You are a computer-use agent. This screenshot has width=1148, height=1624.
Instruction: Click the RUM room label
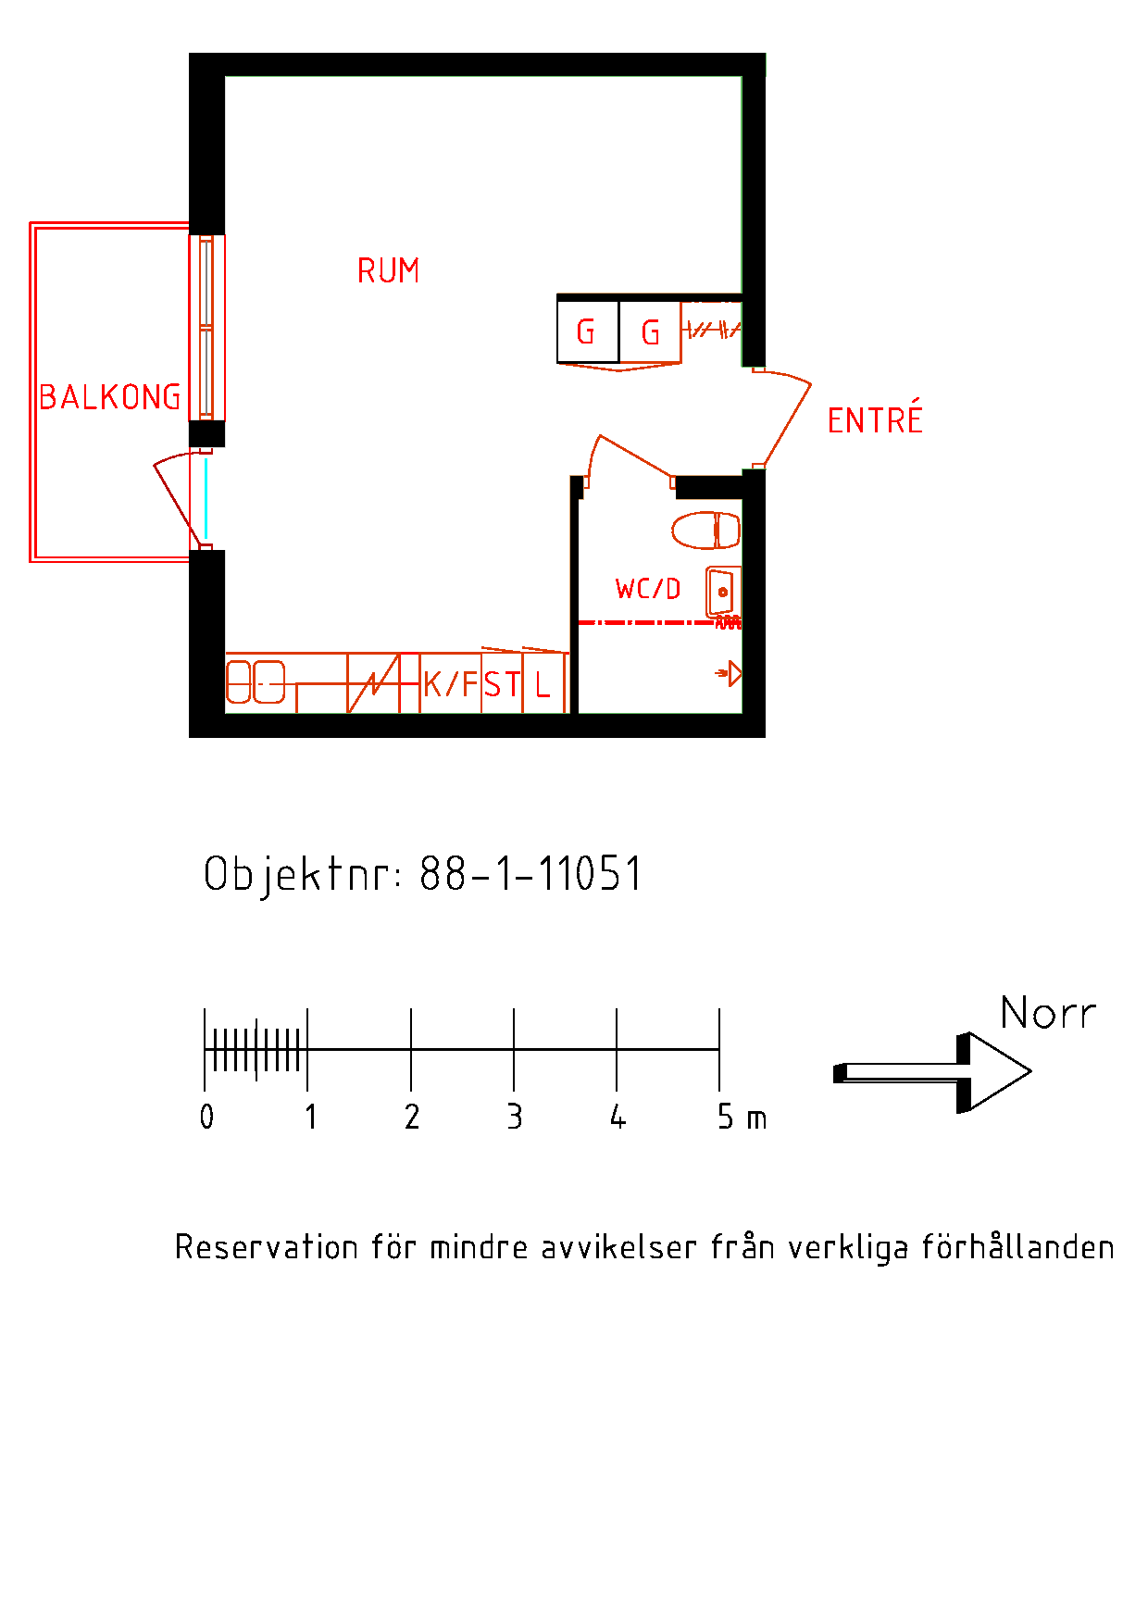(x=388, y=270)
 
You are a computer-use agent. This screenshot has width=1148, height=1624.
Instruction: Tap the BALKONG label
(x=110, y=397)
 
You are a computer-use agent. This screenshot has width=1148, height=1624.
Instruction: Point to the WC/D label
(x=648, y=589)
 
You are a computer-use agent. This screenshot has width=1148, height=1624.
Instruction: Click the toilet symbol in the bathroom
(x=706, y=531)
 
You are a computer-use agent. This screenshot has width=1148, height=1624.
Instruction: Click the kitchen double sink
(x=256, y=682)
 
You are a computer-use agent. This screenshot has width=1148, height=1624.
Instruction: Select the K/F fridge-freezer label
(x=451, y=684)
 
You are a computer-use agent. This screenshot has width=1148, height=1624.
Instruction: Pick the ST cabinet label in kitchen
(x=502, y=685)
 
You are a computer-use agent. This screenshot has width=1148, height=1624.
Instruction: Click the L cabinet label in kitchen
(x=543, y=685)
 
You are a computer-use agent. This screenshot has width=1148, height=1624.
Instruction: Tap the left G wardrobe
(x=587, y=331)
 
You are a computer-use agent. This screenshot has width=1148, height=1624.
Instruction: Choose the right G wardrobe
(x=650, y=331)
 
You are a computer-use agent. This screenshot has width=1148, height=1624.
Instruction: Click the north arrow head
(x=994, y=1072)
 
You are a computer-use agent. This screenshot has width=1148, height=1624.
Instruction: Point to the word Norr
(x=1048, y=1013)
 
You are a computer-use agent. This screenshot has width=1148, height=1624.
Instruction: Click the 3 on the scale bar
(x=515, y=1117)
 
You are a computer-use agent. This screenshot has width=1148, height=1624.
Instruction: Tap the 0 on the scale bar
(x=206, y=1117)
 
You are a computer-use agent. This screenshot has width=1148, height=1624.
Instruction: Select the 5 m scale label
(x=742, y=1117)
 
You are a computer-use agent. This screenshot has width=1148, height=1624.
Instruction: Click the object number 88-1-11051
(x=530, y=873)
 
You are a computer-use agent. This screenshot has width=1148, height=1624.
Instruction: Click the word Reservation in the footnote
(x=266, y=1247)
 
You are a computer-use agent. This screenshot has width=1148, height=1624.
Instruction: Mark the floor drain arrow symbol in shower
(x=729, y=674)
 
